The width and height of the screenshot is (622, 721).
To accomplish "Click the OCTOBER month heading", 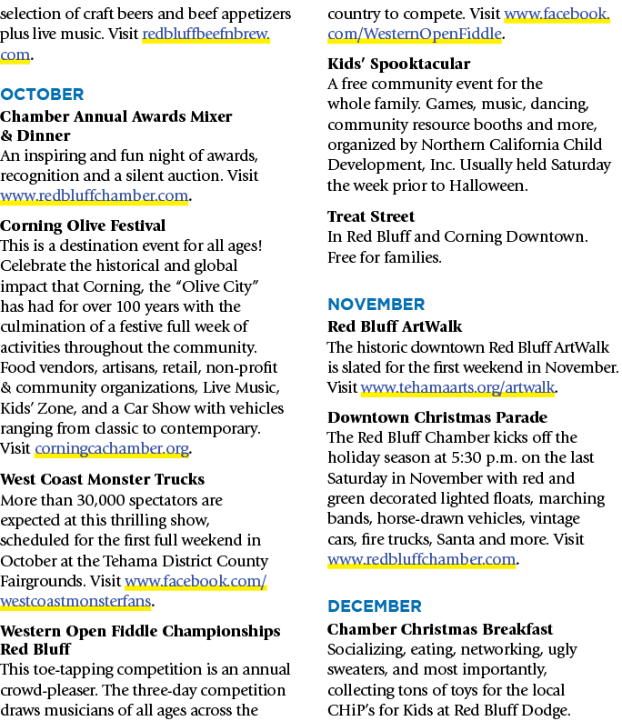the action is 42,95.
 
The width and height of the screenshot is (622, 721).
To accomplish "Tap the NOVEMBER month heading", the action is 376,305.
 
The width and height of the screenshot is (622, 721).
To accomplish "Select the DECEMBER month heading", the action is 375,606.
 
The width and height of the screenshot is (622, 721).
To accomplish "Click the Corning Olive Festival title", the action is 83,225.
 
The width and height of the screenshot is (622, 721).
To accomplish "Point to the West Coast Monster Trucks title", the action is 102,479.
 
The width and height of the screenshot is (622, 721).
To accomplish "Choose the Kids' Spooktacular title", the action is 399,64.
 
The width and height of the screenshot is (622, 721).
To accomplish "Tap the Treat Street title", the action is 371,216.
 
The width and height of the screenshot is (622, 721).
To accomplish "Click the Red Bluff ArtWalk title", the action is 395,326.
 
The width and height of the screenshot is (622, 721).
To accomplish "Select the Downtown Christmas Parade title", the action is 437,417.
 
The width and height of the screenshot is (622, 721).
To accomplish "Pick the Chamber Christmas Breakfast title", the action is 440,629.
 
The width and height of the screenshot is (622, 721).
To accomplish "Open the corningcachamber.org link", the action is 112,448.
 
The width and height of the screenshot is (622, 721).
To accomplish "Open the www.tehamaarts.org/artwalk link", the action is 457,387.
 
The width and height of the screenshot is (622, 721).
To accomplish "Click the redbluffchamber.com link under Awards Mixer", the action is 95,195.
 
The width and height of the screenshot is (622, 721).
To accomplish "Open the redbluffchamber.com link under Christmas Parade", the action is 421,559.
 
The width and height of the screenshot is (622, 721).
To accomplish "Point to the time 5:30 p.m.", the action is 483,458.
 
